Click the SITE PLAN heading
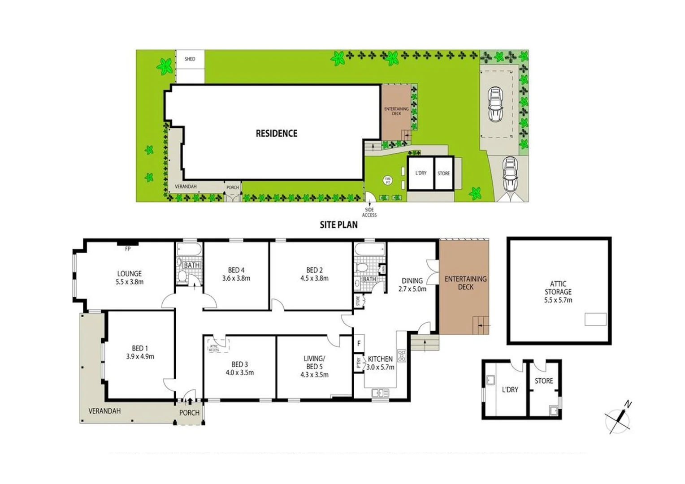coord(338,225)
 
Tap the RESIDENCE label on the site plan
coord(276,134)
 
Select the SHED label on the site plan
coord(190,59)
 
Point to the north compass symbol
coord(619,419)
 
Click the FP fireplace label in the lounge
coord(128,249)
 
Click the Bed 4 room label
coord(236,274)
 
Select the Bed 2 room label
coord(314,274)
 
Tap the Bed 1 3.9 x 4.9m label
coord(140,352)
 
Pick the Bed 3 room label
coord(240,368)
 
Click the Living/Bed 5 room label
coord(314,366)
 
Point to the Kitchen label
coord(380,359)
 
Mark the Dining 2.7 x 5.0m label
coord(412,285)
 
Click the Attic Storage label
coord(558,292)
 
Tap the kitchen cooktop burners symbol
coord(402,355)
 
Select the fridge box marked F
coord(359,344)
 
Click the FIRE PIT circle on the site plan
coord(388,180)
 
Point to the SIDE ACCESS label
coord(369,212)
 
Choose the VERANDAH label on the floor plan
coord(104,411)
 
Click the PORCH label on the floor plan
coord(189,413)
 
